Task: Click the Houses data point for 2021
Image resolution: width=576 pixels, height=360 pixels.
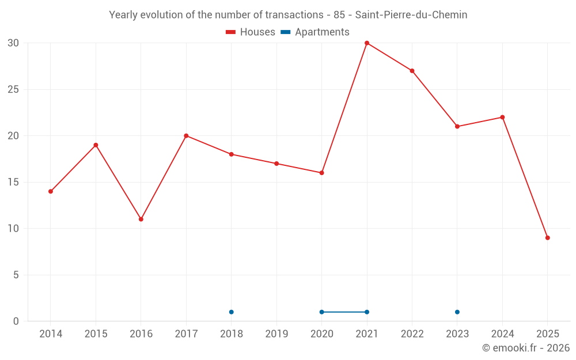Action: (x=367, y=43)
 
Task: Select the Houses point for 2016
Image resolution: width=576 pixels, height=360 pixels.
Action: (x=141, y=219)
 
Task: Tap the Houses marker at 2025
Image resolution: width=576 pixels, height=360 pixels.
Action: (x=547, y=238)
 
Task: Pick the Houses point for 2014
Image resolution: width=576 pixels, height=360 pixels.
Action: (x=51, y=191)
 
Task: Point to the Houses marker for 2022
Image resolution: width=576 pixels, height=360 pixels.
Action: (x=412, y=71)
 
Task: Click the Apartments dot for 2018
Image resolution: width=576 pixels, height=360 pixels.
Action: (x=232, y=312)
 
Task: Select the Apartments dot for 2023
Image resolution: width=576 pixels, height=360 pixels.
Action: (x=457, y=312)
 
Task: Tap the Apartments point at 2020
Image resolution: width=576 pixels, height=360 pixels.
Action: (x=321, y=312)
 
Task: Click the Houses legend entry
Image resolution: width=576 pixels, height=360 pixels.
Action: (x=251, y=32)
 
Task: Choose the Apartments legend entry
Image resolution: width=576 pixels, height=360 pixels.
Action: (x=315, y=32)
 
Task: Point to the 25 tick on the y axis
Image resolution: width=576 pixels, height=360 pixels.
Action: (x=13, y=89)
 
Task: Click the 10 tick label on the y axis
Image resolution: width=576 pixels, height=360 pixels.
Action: (x=13, y=229)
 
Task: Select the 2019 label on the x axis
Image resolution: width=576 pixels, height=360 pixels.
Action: (x=276, y=334)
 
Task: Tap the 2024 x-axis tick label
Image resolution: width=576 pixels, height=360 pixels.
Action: (x=502, y=334)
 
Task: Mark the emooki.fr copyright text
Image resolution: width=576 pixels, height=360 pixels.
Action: (x=526, y=348)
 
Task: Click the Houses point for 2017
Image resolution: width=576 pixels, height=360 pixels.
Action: (x=186, y=136)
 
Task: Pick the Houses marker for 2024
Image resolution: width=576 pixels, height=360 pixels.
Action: (x=502, y=118)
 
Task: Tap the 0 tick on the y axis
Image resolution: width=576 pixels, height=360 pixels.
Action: (x=16, y=321)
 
